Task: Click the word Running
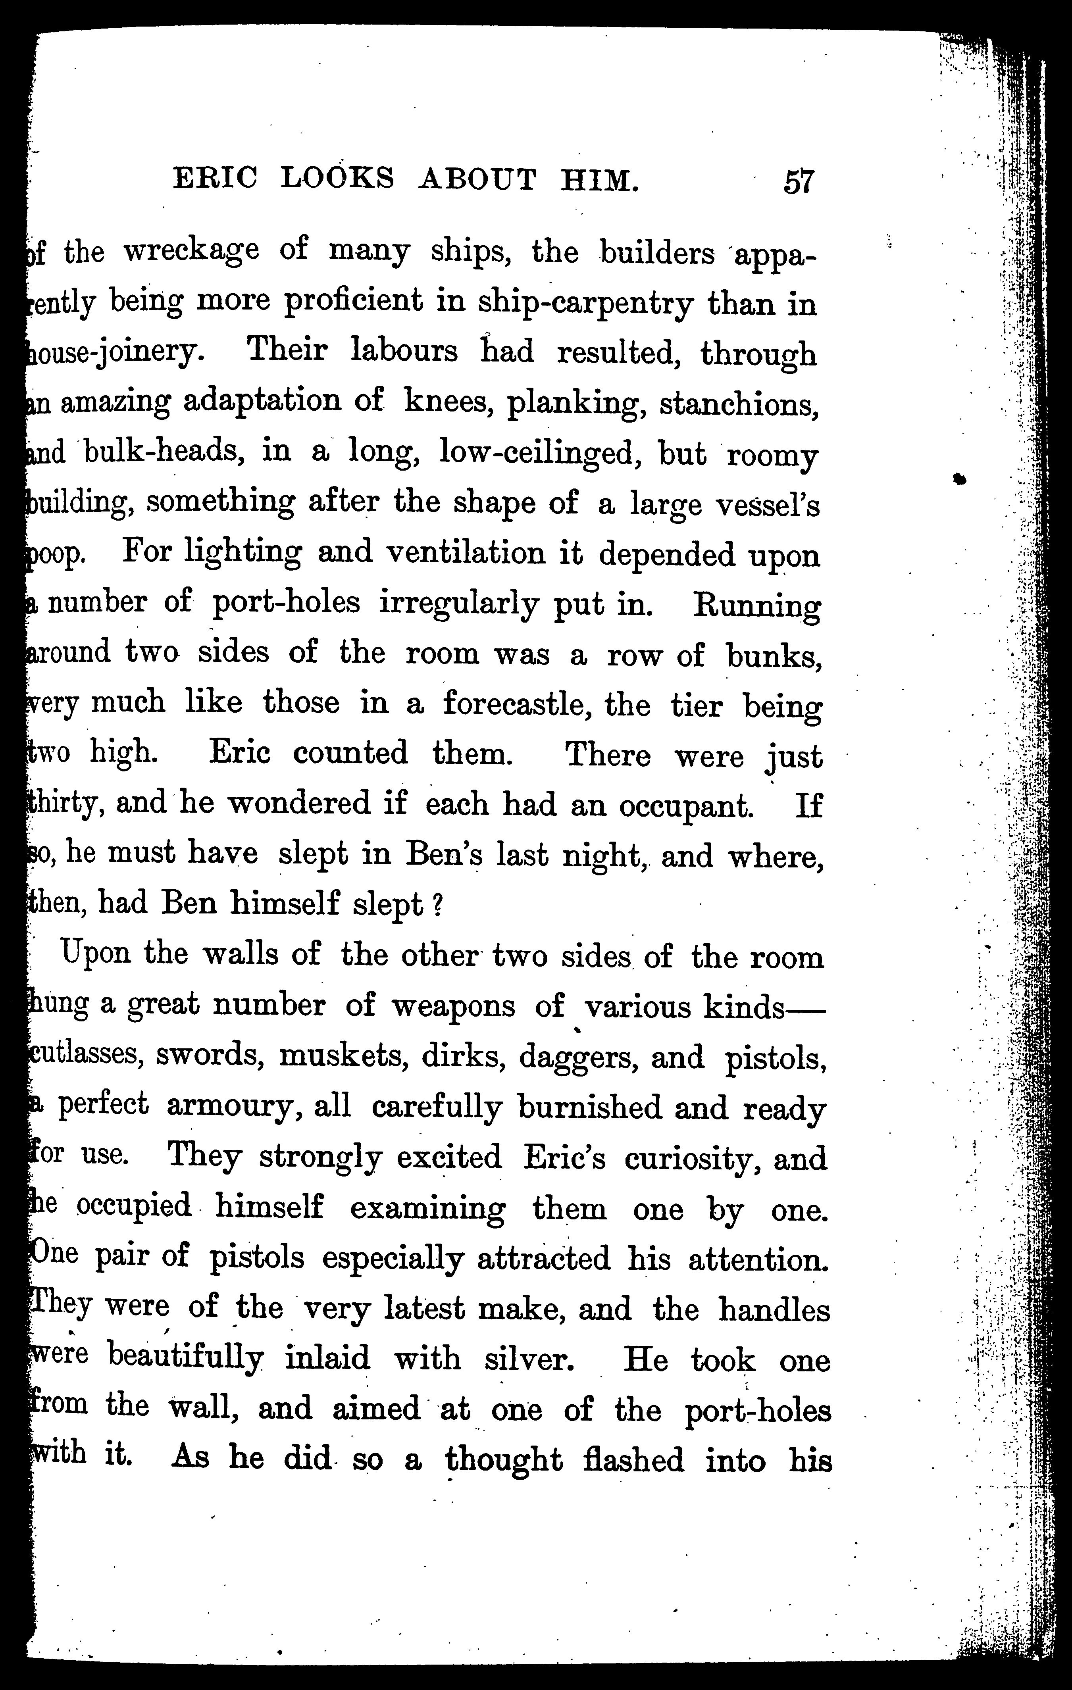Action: (x=755, y=606)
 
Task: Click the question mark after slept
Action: (x=436, y=906)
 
